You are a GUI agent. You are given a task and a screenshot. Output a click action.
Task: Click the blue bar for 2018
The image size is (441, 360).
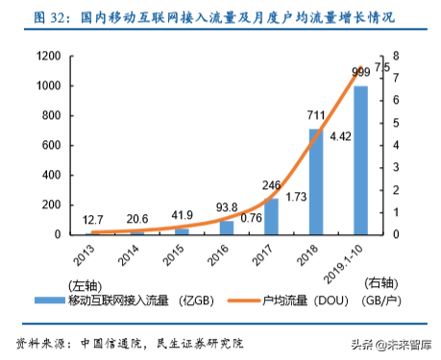[x=316, y=181]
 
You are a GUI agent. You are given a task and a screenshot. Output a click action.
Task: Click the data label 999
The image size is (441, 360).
[x=360, y=72]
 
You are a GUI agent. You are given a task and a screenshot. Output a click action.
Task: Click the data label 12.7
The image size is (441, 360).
[x=94, y=221]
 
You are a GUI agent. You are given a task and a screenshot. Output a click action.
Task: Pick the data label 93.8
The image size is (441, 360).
[x=227, y=207]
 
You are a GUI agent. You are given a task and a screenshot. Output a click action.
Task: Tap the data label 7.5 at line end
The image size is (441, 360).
[x=381, y=66]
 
